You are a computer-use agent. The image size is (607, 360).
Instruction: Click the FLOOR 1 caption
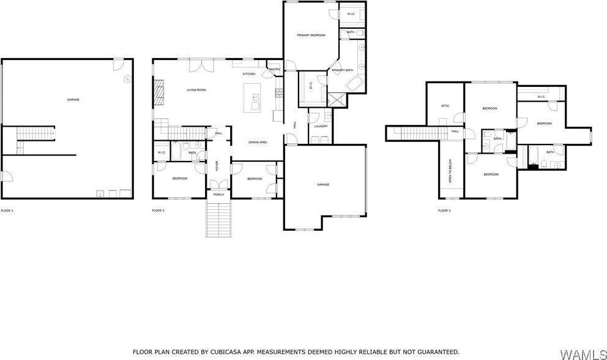(x=7, y=211)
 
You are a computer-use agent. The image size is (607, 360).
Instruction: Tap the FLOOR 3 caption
(x=444, y=211)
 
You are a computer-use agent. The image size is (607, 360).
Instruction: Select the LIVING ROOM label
(x=196, y=90)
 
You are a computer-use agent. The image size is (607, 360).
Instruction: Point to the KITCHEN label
(x=249, y=74)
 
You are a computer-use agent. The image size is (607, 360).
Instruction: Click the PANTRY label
(x=274, y=70)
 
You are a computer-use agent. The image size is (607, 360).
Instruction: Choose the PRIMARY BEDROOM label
(x=311, y=36)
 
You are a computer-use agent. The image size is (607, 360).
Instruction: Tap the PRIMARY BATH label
(x=343, y=70)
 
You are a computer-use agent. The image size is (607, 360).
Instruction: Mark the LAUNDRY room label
(x=321, y=126)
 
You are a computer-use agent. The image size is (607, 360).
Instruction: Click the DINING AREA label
(x=258, y=142)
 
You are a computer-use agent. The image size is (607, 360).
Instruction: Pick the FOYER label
(x=216, y=166)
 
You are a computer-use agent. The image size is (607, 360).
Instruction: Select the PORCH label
(x=218, y=194)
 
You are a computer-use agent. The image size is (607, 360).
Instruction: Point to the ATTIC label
(x=445, y=106)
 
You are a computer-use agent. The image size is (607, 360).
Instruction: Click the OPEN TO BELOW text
(x=450, y=171)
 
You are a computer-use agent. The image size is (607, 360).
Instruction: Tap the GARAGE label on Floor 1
(x=73, y=100)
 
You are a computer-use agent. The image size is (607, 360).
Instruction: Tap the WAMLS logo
(x=582, y=353)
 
